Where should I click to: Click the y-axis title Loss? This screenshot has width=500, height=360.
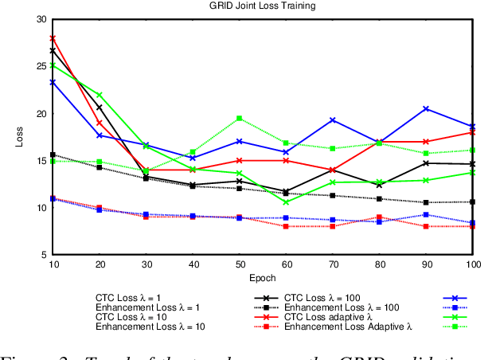coord(20,136)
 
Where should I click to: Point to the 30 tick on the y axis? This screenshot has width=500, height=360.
coord(41,19)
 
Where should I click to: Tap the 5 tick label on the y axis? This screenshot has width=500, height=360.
coord(44,255)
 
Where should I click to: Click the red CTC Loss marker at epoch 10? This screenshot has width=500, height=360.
coord(53,38)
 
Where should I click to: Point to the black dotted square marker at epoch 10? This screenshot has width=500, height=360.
coord(53,155)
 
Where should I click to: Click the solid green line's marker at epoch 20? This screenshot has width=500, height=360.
coord(100,95)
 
